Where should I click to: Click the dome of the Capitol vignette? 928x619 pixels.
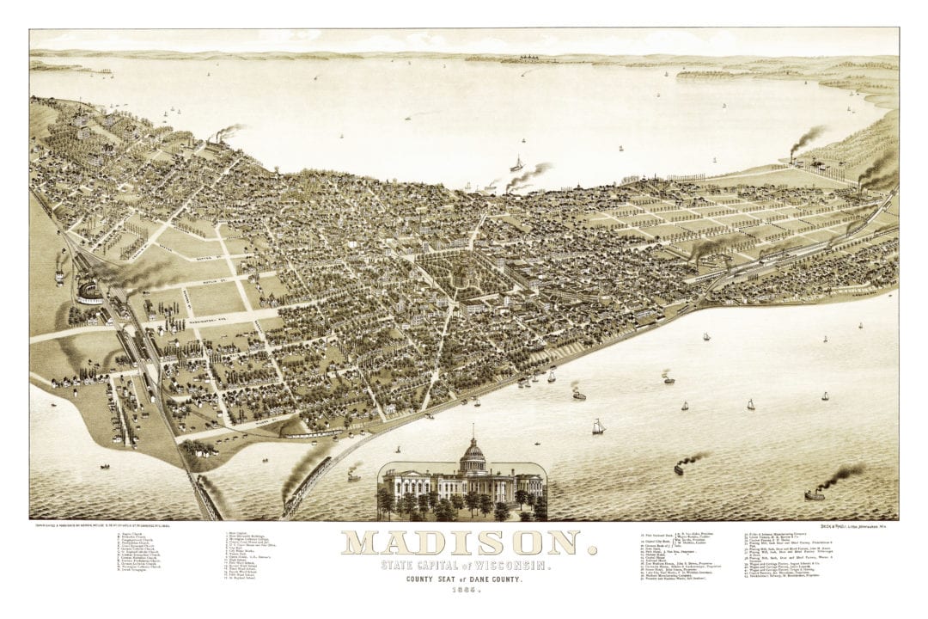[x=471, y=454]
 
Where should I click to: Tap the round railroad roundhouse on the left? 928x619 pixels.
[x=89, y=287]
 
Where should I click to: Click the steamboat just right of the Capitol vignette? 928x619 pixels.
[x=680, y=468]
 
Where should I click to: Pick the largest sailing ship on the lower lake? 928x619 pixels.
[x=598, y=426]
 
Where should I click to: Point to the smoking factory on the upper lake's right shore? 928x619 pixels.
[x=795, y=156]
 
